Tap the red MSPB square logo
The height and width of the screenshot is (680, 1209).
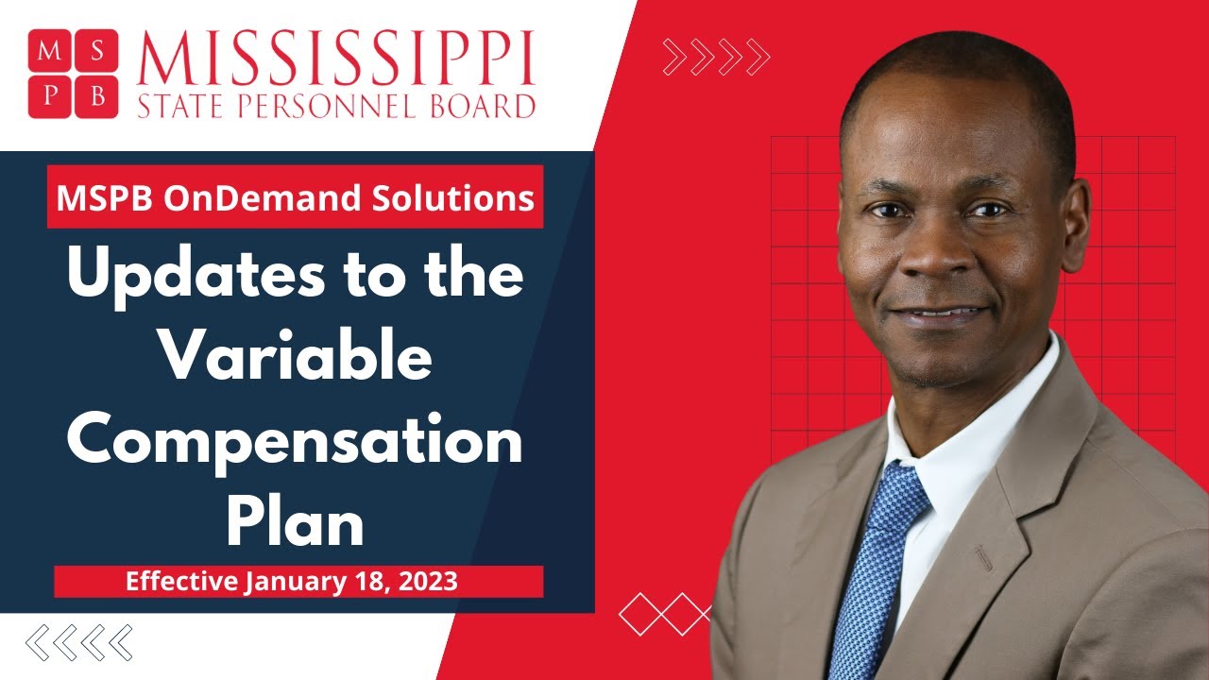click(x=73, y=73)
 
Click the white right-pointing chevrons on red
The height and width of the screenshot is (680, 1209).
click(x=716, y=57)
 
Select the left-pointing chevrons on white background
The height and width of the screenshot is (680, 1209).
click(x=78, y=643)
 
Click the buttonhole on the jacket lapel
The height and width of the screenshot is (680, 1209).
click(x=982, y=558)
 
